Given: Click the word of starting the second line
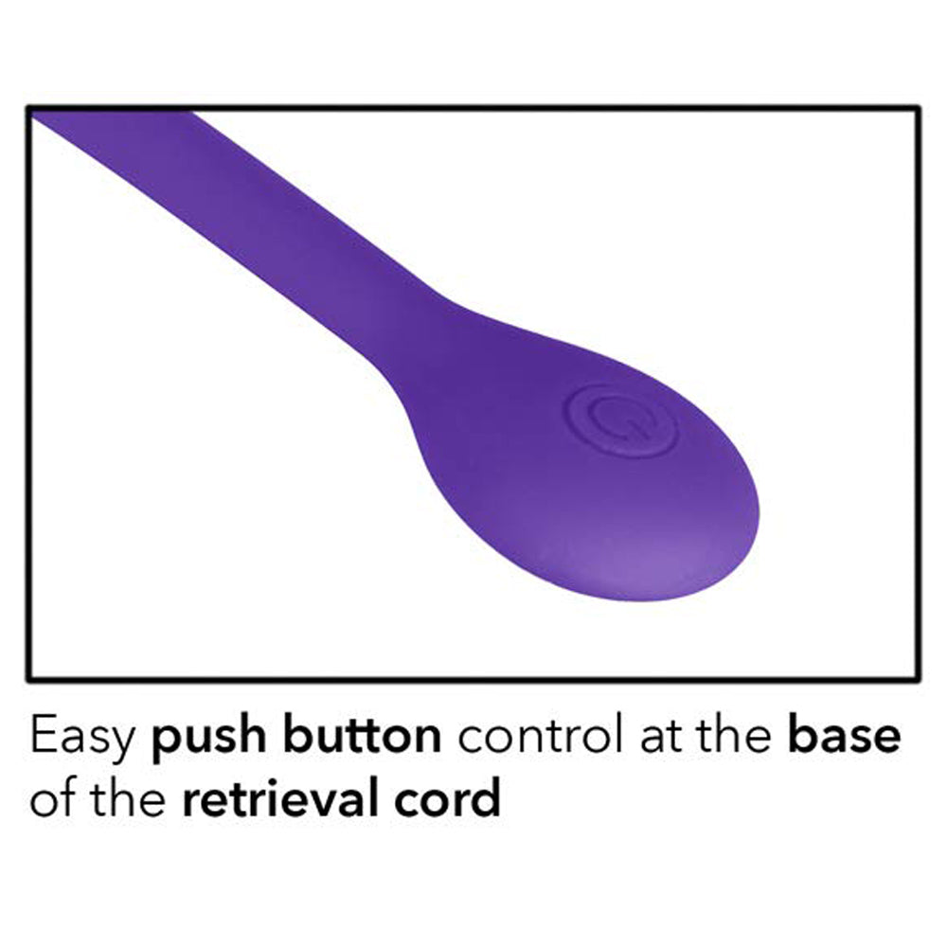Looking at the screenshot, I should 53,800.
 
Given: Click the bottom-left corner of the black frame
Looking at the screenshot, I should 28,677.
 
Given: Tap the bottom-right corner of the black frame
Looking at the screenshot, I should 918,677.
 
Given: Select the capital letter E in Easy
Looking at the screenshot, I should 43,738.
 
